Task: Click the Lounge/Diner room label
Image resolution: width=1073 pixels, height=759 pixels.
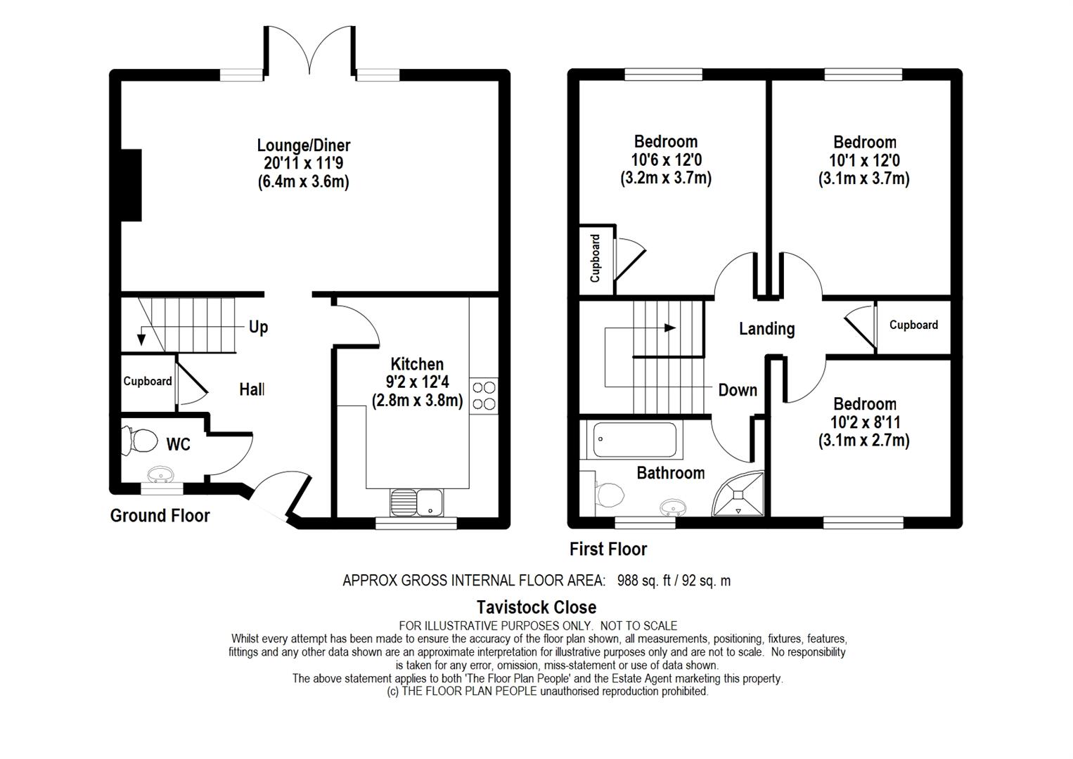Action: (x=304, y=145)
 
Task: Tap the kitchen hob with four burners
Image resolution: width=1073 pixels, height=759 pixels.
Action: (x=484, y=396)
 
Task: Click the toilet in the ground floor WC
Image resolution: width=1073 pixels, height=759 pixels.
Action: (x=140, y=441)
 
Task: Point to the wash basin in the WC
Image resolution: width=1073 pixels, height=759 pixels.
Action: (x=160, y=475)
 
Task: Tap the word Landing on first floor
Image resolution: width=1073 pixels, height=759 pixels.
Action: (x=766, y=329)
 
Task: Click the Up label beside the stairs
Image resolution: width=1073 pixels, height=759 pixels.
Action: (x=258, y=327)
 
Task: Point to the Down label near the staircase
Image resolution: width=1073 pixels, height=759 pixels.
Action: (x=738, y=390)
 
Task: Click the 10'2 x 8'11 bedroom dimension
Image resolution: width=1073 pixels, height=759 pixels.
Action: (x=865, y=422)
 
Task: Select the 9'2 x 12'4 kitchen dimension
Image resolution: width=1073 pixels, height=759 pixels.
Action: (x=417, y=382)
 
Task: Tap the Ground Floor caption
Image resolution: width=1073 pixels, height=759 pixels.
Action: (x=160, y=516)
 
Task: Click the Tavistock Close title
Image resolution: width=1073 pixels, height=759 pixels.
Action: (x=536, y=607)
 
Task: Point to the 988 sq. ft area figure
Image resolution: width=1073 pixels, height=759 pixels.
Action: (x=644, y=581)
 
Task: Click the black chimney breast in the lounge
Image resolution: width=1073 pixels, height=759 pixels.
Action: (x=131, y=186)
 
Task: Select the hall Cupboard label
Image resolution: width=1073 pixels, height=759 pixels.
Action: (x=148, y=381)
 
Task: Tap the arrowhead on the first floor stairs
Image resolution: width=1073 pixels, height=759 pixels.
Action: (x=670, y=328)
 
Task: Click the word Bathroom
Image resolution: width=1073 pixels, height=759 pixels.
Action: (x=671, y=473)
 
